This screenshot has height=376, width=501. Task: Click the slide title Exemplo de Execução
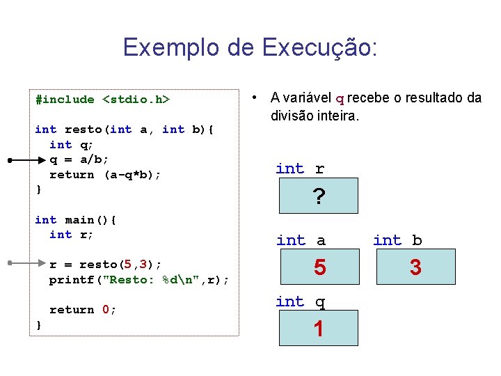[250, 47]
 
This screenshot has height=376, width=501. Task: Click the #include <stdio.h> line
[102, 100]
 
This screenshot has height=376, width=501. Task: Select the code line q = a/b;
[79, 159]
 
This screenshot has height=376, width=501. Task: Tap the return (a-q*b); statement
[105, 175]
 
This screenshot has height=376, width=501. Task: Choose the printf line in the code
[139, 280]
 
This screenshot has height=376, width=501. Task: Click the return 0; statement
[83, 310]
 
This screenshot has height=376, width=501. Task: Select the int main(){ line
[76, 220]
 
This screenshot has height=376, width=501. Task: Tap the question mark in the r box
[319, 198]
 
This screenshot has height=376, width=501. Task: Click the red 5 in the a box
[319, 267]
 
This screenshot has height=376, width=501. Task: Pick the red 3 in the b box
[415, 267]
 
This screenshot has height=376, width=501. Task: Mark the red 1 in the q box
[319, 329]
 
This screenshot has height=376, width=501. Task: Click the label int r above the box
[300, 169]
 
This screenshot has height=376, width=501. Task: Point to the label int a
[301, 240]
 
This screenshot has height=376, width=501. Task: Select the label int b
[397, 240]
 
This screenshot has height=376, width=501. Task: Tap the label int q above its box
[300, 301]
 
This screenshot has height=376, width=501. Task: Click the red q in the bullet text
[340, 99]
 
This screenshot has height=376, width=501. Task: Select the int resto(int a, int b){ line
[125, 130]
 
